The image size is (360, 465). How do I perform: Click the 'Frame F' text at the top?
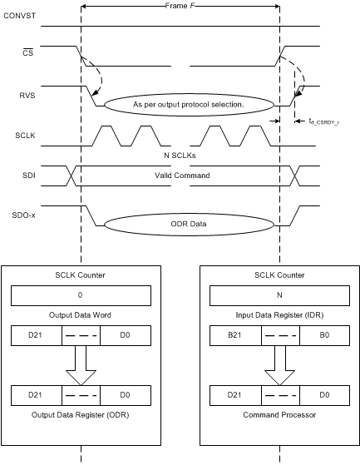[180, 5]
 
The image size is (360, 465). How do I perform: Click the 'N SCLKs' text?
[180, 156]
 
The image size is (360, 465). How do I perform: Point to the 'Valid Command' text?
[180, 176]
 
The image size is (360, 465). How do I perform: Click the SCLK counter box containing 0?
[81, 295]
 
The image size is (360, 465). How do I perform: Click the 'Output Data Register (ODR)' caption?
[81, 413]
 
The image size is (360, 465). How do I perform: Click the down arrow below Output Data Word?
[81, 363]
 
